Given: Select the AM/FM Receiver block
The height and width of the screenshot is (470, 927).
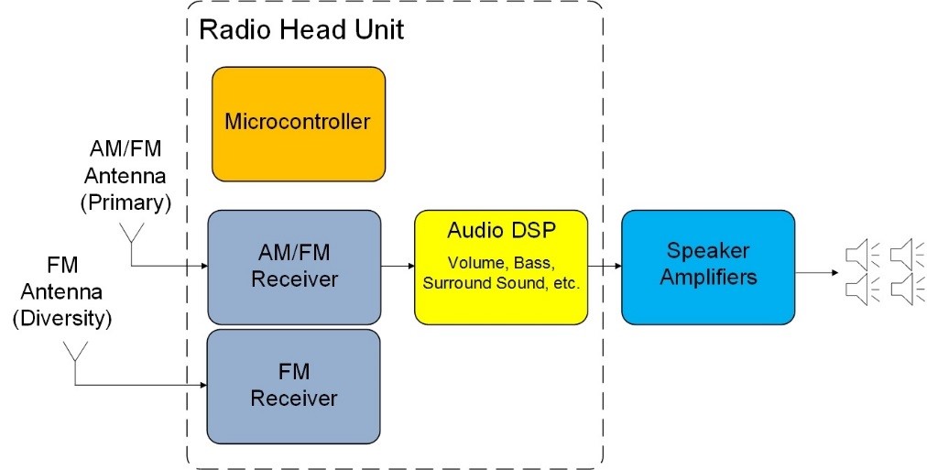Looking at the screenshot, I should click(294, 267).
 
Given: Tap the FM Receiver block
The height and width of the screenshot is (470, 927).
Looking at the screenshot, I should click(294, 386).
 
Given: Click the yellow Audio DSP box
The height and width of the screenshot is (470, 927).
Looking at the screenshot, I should click(500, 267).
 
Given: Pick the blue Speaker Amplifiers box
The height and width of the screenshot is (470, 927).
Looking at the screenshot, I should click(708, 267).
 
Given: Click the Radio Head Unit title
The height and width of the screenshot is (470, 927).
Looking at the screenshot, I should click(301, 28).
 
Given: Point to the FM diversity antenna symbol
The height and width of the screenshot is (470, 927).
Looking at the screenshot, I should click(74, 355).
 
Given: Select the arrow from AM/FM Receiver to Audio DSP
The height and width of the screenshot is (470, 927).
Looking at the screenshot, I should click(398, 267).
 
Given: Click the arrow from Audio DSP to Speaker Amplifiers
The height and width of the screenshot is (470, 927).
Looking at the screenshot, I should click(604, 267).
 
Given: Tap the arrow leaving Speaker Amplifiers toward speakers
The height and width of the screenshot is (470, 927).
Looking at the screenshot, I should click(814, 272).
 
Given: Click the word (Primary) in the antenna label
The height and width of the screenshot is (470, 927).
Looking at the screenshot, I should click(131, 203).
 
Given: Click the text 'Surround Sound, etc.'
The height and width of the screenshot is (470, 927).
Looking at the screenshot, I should click(500, 283).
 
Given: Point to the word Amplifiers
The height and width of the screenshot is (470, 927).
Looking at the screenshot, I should click(708, 278).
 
